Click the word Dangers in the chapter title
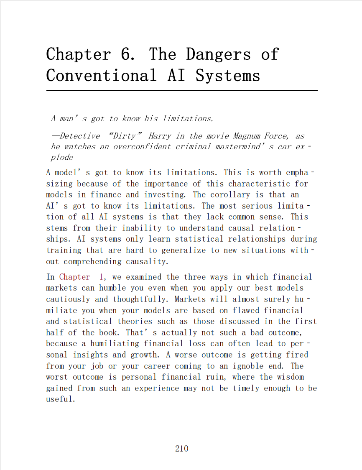(x=218, y=54)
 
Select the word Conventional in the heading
(x=101, y=76)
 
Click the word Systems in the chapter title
(x=228, y=76)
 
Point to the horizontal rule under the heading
(x=182, y=90)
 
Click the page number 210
(x=181, y=449)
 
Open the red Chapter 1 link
(x=81, y=277)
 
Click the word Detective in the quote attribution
(x=79, y=136)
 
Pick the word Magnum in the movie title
(x=247, y=136)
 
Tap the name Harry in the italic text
(x=160, y=136)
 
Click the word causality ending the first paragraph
(x=147, y=261)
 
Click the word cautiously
(x=68, y=299)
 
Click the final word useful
(x=61, y=399)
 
